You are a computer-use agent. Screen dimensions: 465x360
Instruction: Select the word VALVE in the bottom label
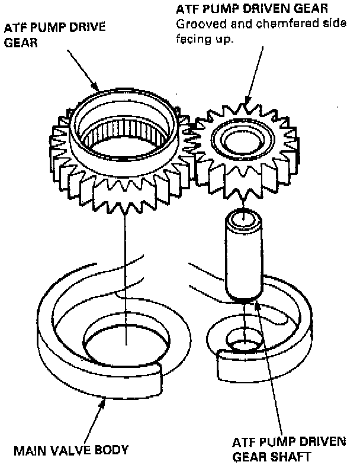(x=69, y=450)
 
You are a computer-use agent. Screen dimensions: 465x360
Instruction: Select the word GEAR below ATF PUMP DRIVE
(x=17, y=43)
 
